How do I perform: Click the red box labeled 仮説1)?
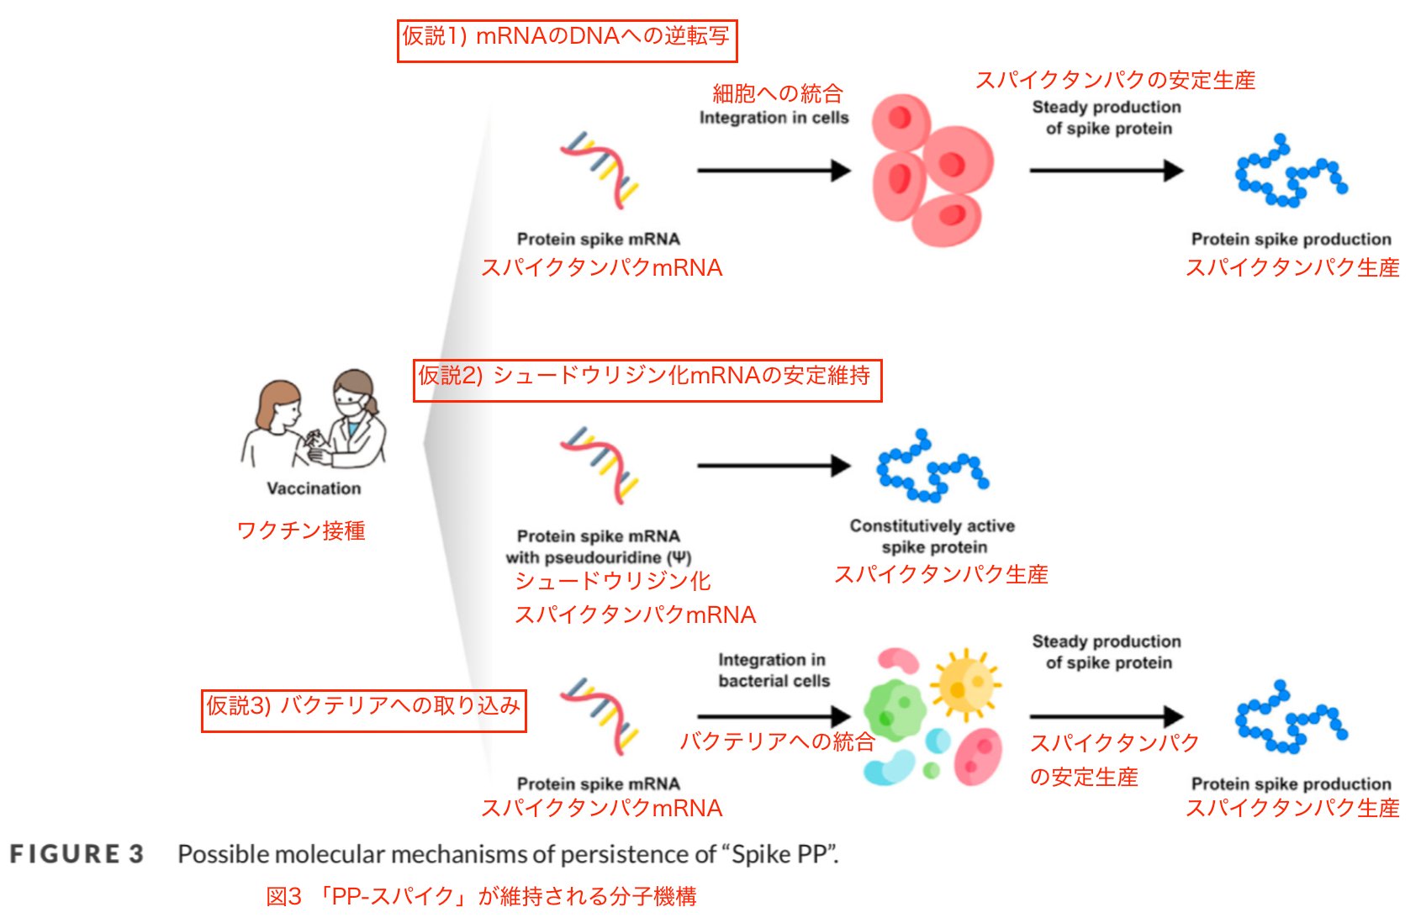pyautogui.click(x=566, y=40)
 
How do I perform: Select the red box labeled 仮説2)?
pyautogui.click(x=647, y=380)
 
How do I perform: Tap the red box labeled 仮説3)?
pyautogui.click(x=363, y=710)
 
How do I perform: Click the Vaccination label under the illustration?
pyautogui.click(x=314, y=488)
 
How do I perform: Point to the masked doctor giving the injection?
pyautogui.click(x=356, y=417)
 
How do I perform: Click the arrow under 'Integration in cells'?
pyautogui.click(x=773, y=171)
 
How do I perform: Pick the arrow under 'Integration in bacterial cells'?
pyautogui.click(x=773, y=716)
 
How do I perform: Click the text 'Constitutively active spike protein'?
pyautogui.click(x=932, y=536)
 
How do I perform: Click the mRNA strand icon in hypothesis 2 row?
pyautogui.click(x=600, y=465)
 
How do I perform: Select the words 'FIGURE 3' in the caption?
pyautogui.click(x=77, y=854)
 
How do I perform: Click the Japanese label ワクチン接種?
pyautogui.click(x=301, y=530)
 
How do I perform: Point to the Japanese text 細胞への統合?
pyautogui.click(x=777, y=93)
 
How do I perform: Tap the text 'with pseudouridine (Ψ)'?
pyautogui.click(x=598, y=557)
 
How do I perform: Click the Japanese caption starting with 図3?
pyautogui.click(x=481, y=897)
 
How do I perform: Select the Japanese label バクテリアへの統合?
pyautogui.click(x=777, y=741)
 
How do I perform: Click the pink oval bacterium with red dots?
pyautogui.click(x=978, y=756)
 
